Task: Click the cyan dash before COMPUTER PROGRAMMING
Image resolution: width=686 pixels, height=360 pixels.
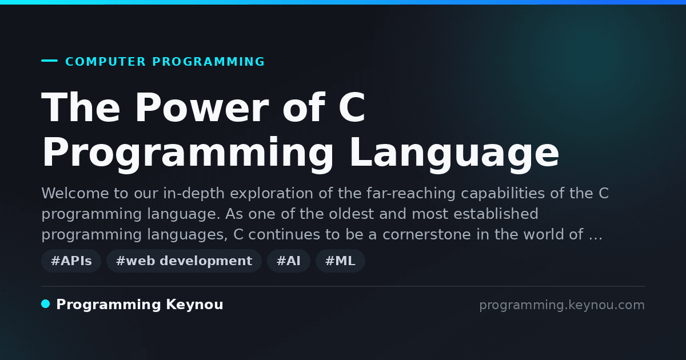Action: click(x=49, y=61)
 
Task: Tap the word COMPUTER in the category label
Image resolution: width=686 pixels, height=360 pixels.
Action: click(x=105, y=62)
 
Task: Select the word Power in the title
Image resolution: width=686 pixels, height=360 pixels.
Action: click(x=202, y=107)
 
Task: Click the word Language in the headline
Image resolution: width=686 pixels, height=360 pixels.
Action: click(x=454, y=153)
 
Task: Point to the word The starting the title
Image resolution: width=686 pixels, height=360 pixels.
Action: click(x=81, y=107)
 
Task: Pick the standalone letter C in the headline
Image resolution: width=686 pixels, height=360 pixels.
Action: click(x=352, y=107)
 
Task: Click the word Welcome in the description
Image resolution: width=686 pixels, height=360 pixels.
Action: click(x=75, y=193)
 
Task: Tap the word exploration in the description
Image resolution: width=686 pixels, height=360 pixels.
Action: click(x=272, y=194)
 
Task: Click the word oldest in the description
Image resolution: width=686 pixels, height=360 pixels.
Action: click(x=351, y=214)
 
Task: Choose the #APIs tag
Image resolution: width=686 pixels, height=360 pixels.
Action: click(x=71, y=261)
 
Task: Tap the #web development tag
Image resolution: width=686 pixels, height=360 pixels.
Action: click(x=184, y=261)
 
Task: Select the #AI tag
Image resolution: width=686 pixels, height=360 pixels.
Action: click(x=289, y=261)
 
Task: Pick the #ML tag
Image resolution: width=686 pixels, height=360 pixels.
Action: click(x=340, y=261)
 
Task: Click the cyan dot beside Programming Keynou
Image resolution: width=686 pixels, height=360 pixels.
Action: click(x=46, y=304)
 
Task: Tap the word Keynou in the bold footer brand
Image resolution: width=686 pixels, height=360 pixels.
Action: click(x=194, y=305)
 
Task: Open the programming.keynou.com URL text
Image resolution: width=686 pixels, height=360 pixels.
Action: click(x=562, y=305)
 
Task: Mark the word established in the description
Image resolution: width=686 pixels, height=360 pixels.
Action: click(x=496, y=214)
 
